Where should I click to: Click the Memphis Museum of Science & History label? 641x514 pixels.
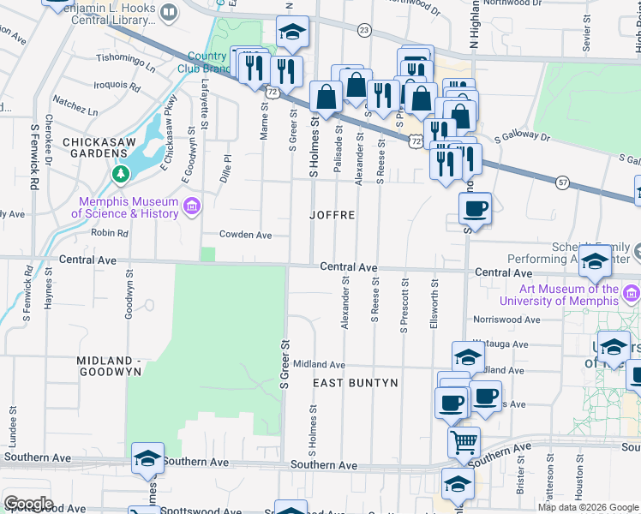pos(124,207)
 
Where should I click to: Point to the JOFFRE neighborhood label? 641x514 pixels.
pos(332,215)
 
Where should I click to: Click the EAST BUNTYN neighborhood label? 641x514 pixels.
pos(355,382)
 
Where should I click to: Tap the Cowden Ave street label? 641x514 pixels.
pos(245,235)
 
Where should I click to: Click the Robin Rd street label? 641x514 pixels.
pos(110,232)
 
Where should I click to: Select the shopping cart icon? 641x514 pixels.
pos(464,442)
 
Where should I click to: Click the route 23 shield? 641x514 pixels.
pos(364,31)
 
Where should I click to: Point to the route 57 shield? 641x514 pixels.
pos(562,182)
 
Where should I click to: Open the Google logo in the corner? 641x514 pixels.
pos(28,504)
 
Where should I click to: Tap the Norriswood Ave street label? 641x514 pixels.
pos(506,320)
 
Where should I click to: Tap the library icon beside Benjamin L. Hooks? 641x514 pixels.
pos(169,12)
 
